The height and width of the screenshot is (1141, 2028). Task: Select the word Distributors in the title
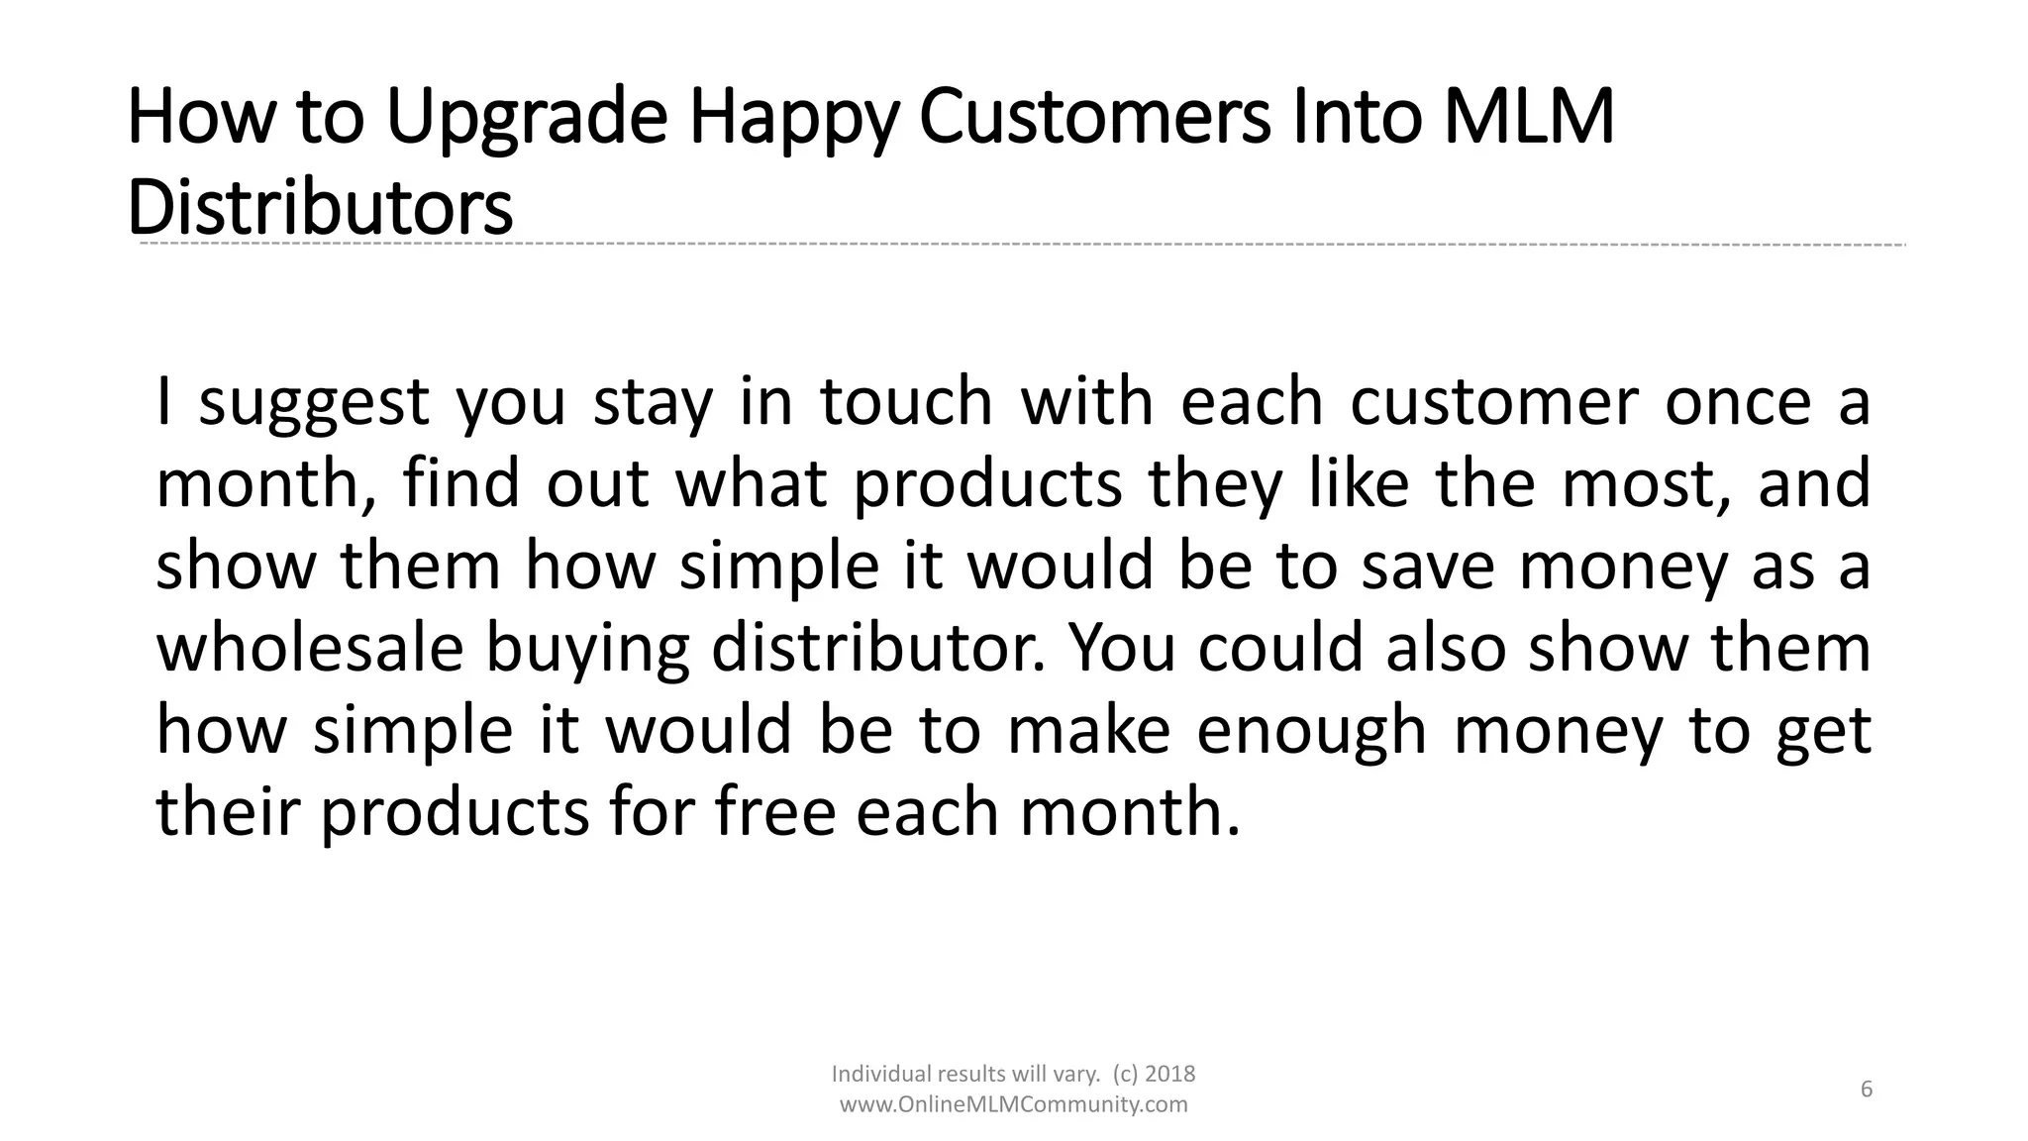(x=320, y=207)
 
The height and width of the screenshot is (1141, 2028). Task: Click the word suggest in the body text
(x=314, y=404)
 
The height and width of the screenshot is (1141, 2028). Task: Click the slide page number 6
(x=1867, y=1089)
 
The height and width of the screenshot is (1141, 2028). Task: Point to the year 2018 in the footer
(x=1170, y=1074)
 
